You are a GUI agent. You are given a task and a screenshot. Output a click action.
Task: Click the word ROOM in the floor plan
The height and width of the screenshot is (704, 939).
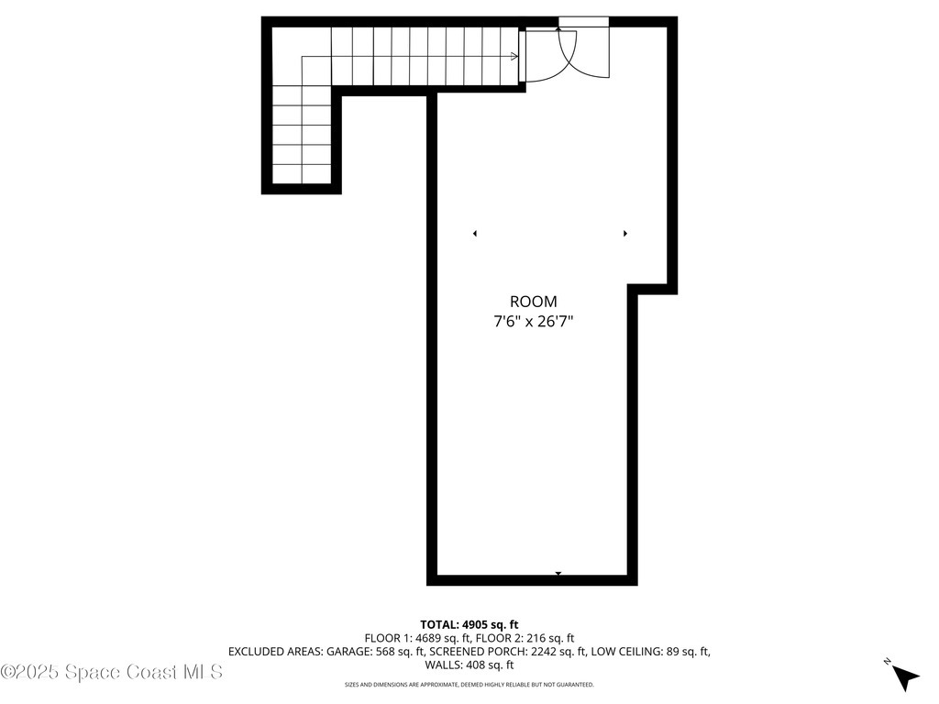(533, 302)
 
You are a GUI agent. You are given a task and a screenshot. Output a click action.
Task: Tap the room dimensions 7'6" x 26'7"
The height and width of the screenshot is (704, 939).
(533, 322)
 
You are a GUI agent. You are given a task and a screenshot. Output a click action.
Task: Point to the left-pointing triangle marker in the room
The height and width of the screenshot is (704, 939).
(475, 234)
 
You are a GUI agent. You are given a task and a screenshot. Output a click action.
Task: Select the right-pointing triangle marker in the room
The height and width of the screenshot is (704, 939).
(625, 234)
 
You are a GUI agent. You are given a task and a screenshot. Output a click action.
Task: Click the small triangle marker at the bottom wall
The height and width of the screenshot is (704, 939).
(558, 574)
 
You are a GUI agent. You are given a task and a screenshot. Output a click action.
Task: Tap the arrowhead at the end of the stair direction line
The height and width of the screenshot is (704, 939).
(514, 57)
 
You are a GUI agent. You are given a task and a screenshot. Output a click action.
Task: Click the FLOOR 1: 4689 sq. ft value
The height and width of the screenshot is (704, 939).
(417, 638)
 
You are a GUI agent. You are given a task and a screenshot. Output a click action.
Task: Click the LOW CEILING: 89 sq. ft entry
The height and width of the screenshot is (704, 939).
(651, 652)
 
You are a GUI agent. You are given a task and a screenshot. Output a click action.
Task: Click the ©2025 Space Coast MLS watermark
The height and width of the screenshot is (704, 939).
(112, 672)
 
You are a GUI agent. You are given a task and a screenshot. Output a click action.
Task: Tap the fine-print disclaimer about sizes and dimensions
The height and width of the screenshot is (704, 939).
(469, 685)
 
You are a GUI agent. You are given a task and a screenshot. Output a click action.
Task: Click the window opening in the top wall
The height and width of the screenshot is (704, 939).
(583, 22)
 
